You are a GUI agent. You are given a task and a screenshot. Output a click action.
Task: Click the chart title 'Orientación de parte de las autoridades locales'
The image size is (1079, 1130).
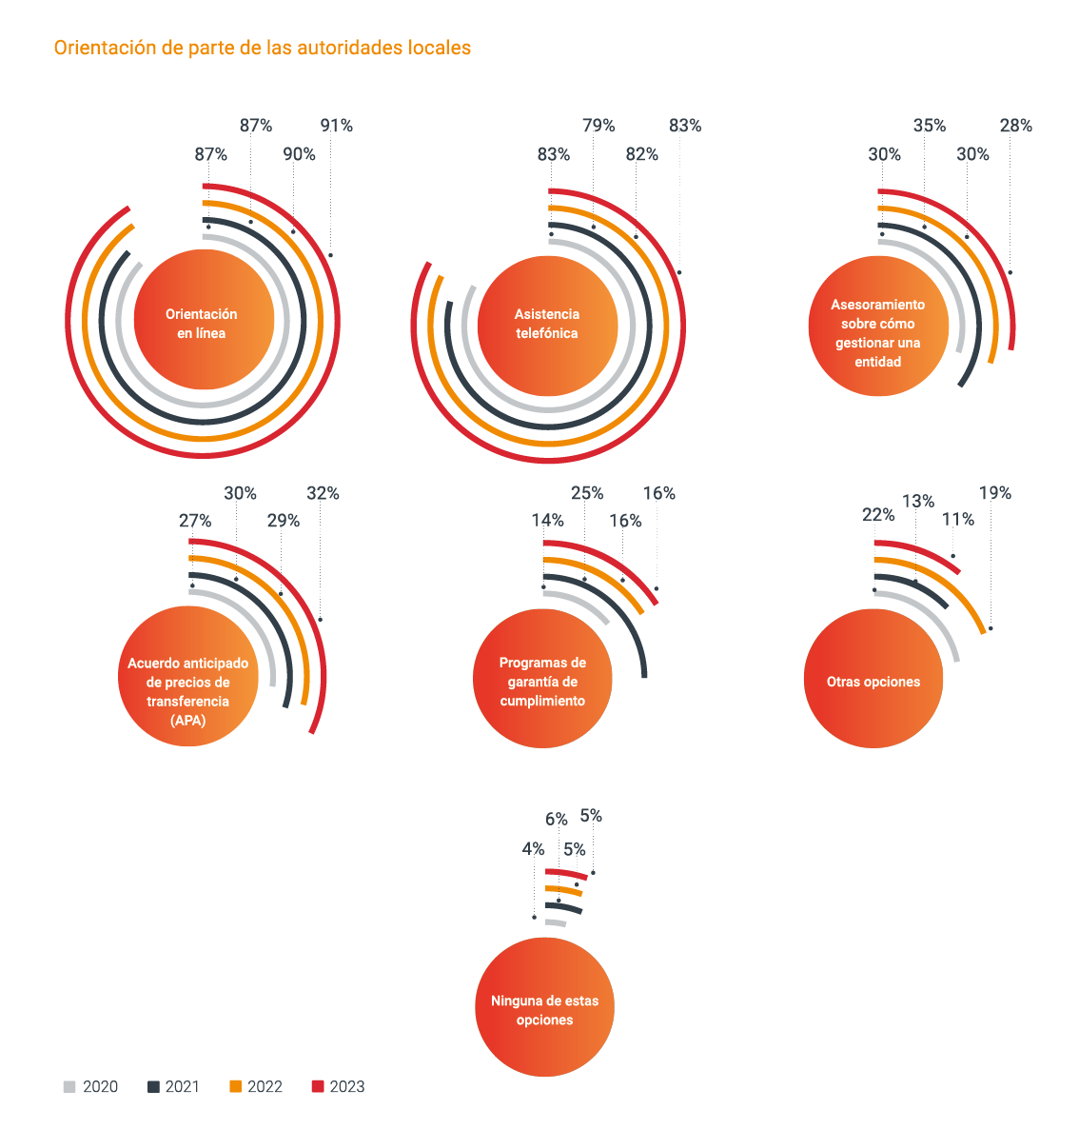click(x=262, y=48)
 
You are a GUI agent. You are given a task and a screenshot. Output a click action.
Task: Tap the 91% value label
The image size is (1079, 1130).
click(x=336, y=126)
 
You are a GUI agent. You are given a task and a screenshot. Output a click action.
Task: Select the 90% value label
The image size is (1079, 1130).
click(x=299, y=154)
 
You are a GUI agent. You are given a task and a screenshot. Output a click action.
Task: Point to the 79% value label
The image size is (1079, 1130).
click(x=598, y=126)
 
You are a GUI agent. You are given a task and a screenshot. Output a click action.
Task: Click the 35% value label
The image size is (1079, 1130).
click(x=930, y=126)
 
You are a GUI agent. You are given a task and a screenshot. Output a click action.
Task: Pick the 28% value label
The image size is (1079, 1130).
click(x=1015, y=126)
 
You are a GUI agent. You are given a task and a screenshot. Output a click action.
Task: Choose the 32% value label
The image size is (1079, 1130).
click(x=323, y=493)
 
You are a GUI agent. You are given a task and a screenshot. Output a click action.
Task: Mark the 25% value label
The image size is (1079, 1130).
click(x=587, y=493)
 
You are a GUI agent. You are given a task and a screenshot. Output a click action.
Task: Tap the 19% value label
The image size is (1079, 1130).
click(x=994, y=493)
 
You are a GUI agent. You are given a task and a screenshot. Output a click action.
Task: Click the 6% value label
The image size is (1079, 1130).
click(x=556, y=820)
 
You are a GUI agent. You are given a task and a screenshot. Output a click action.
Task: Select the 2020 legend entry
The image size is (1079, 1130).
click(x=91, y=1086)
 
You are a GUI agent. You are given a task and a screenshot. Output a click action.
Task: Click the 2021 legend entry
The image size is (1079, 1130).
click(x=173, y=1086)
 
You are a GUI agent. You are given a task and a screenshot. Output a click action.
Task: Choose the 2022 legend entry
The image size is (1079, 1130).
click(x=256, y=1086)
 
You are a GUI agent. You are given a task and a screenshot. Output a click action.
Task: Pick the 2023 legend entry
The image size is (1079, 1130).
click(x=338, y=1086)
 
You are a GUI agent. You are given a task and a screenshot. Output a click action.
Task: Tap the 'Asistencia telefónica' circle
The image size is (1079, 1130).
click(x=547, y=324)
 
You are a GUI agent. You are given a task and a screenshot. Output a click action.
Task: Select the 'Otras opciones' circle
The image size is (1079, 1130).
click(x=873, y=680)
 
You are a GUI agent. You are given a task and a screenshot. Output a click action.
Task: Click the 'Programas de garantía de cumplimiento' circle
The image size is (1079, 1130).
click(x=542, y=680)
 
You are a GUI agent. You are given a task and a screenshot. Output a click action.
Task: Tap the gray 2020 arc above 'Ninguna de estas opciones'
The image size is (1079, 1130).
click(x=556, y=922)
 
